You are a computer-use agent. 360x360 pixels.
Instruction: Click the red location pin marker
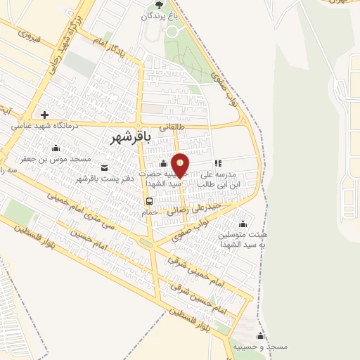click(x=180, y=165)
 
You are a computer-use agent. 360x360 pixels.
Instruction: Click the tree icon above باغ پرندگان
click(x=157, y=5)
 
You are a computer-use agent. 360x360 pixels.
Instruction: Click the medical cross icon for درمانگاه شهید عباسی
click(x=44, y=115)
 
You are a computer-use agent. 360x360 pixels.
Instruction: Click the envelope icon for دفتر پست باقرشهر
click(x=104, y=167)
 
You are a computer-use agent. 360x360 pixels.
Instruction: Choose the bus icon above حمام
click(x=149, y=201)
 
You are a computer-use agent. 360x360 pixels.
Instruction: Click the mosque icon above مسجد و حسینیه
click(x=261, y=336)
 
